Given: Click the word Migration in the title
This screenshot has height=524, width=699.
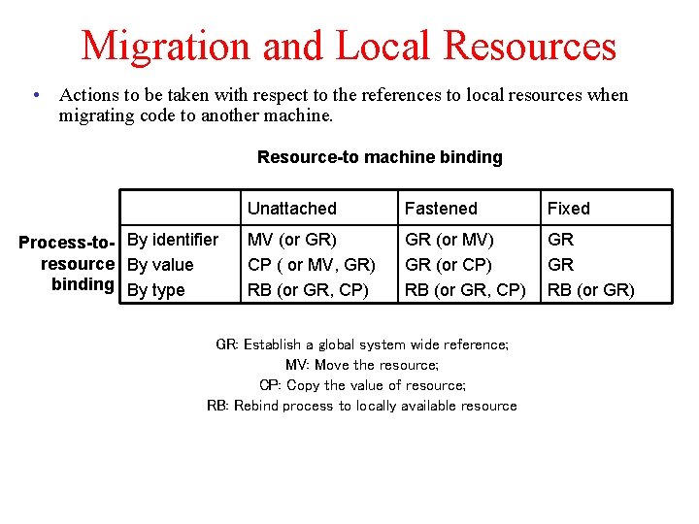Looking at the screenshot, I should coord(164,46).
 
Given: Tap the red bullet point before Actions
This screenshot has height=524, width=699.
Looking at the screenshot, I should coord(35,95).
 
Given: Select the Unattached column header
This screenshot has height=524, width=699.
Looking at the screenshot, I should coord(291,209).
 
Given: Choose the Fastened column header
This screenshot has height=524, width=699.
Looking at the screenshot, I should coord(441,209).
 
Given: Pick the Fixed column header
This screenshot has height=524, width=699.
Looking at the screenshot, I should coord(568,209).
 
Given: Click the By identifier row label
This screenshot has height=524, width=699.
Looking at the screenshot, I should coord(173,239).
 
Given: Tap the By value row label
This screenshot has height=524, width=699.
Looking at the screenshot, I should coord(160,264).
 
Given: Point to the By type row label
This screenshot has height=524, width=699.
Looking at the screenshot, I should coord(155,289).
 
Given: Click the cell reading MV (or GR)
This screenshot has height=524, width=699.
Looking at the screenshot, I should coord(291,239).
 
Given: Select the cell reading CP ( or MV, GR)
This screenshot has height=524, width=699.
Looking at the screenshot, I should coord(311,264).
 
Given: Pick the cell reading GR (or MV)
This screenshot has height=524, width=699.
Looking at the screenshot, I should coord(449,239).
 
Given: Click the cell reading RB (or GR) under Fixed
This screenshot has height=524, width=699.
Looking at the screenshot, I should coord(590,289).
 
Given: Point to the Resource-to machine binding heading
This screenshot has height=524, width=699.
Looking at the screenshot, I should coord(380,157).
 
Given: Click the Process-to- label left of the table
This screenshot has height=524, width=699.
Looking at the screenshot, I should coord(67,242).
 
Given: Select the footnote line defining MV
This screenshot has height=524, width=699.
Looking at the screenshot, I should coord(361,365).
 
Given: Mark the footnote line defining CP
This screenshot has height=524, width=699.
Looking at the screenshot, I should coord(361,385).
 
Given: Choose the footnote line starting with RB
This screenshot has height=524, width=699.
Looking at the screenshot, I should coord(361,406).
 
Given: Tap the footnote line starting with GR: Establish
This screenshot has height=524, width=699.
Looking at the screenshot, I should coord(361,344).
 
